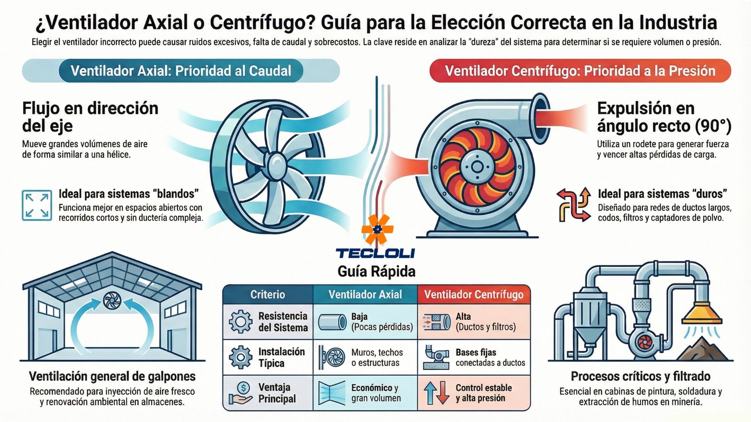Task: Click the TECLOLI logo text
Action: (x=375, y=253)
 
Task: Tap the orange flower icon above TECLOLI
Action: (x=377, y=229)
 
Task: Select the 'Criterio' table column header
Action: (x=268, y=294)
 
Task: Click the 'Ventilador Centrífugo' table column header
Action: (x=474, y=294)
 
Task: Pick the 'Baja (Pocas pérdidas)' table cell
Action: (x=365, y=322)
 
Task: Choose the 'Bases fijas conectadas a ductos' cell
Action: (x=474, y=358)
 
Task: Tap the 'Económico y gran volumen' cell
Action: (x=365, y=393)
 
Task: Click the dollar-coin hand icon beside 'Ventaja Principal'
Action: (x=241, y=393)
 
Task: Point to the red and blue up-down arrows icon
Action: (x=437, y=393)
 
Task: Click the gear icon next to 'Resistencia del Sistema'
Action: (x=241, y=322)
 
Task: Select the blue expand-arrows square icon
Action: (x=37, y=206)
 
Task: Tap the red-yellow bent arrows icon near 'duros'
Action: (x=574, y=204)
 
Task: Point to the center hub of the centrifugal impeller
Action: (x=477, y=167)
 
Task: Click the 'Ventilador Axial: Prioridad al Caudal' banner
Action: (x=181, y=71)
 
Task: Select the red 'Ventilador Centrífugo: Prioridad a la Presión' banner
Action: (x=580, y=71)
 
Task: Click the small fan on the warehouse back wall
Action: (x=112, y=300)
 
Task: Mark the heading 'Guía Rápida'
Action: (x=376, y=271)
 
